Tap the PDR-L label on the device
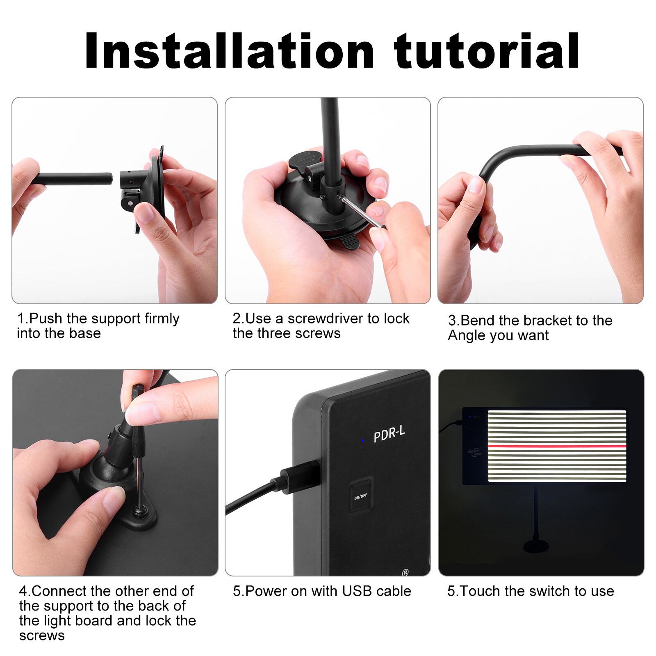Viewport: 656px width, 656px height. (389, 433)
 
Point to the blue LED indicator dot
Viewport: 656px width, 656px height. (362, 440)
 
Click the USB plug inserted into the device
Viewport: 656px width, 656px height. (301, 476)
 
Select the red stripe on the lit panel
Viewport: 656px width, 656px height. (557, 446)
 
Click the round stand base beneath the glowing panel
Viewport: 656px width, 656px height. (536, 546)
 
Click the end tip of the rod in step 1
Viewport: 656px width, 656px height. (110, 178)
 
